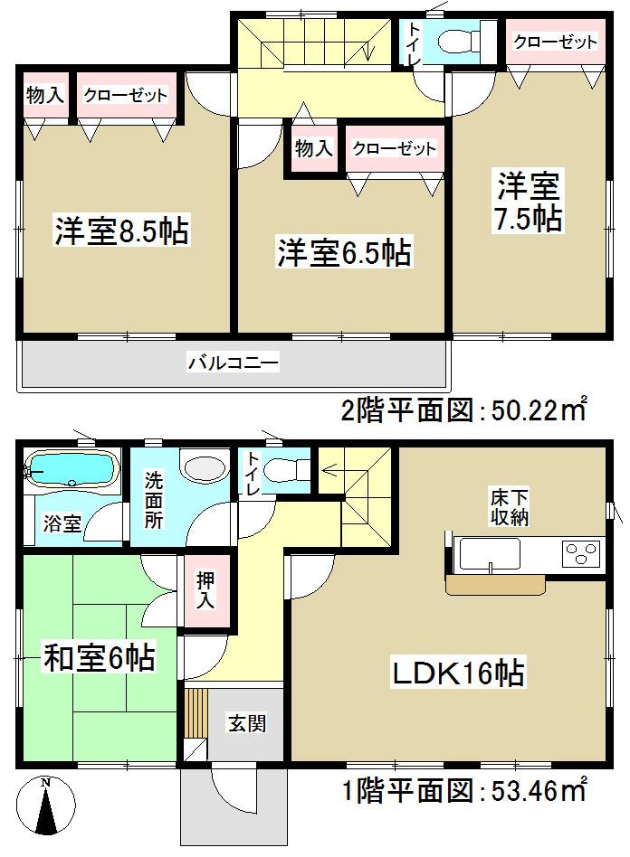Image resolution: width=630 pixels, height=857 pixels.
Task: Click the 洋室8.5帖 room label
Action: (120, 233)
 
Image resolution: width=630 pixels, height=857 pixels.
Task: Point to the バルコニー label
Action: (234, 364)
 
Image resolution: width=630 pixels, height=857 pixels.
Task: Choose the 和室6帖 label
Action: (100, 657)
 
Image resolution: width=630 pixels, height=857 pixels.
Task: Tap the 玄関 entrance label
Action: (246, 724)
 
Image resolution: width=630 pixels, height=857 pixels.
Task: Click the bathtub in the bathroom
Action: (71, 468)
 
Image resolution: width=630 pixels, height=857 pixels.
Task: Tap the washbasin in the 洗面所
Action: (205, 467)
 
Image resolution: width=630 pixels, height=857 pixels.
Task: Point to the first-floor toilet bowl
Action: (288, 470)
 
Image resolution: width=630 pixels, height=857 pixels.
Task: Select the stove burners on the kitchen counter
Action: (582, 552)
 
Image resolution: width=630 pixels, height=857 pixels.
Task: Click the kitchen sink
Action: (489, 553)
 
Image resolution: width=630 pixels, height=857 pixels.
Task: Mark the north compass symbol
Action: (48, 806)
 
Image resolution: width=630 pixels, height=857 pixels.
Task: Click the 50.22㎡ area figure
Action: (539, 411)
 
